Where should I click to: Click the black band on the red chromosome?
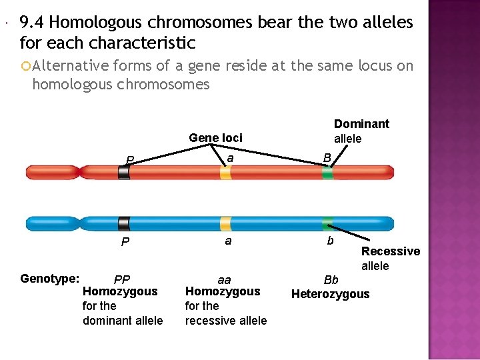pyautogui.click(x=124, y=173)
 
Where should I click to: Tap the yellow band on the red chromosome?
pyautogui.click(x=225, y=173)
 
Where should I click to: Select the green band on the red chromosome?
pyautogui.click(x=327, y=173)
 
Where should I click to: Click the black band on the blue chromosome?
pyautogui.click(x=124, y=223)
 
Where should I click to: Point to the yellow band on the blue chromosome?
pyautogui.click(x=225, y=223)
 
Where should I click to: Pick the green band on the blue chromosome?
pyautogui.click(x=327, y=223)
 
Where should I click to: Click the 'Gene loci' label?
pyautogui.click(x=215, y=138)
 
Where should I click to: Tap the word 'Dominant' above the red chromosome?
pyautogui.click(x=361, y=124)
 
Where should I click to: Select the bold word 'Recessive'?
pyautogui.click(x=391, y=251)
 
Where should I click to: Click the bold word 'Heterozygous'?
pyautogui.click(x=330, y=294)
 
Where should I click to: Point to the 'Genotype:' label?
pyautogui.click(x=49, y=279)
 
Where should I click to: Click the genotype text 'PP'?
pyautogui.click(x=122, y=279)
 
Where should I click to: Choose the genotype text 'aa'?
pyautogui.click(x=225, y=280)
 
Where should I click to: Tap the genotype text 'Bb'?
pyautogui.click(x=331, y=280)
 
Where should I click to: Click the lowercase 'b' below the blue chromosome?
pyautogui.click(x=330, y=241)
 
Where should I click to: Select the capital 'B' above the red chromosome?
pyautogui.click(x=327, y=158)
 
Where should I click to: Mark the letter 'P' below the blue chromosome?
pyautogui.click(x=125, y=242)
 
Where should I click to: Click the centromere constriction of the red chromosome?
pyautogui.click(x=80, y=173)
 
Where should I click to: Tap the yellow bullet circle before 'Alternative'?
pyautogui.click(x=26, y=66)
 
